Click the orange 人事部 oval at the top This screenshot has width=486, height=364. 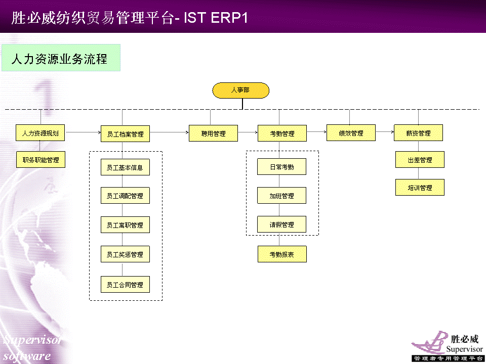click(240, 90)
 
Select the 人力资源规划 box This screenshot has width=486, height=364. click(40, 133)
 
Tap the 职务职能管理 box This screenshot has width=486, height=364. click(40, 159)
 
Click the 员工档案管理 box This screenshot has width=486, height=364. click(125, 133)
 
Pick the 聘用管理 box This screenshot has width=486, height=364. click(213, 133)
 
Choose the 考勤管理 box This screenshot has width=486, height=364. click(282, 133)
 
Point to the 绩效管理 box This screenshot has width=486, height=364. click(351, 133)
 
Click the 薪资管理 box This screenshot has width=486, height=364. click(419, 133)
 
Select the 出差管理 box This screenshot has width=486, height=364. click(420, 160)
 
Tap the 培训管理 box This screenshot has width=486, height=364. click(420, 187)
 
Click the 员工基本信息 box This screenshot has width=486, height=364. click(125, 167)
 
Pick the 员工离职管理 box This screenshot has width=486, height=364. click(125, 224)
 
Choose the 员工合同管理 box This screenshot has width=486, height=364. click(125, 285)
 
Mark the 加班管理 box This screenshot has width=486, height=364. click(282, 195)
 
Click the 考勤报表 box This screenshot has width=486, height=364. click(282, 254)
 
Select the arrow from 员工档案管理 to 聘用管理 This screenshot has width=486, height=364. click(169, 132)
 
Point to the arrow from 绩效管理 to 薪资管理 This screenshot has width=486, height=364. click(385, 132)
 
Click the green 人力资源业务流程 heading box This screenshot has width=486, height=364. click(61, 58)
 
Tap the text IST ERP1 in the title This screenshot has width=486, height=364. click(216, 18)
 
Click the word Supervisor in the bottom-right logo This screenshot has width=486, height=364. click(464, 349)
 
